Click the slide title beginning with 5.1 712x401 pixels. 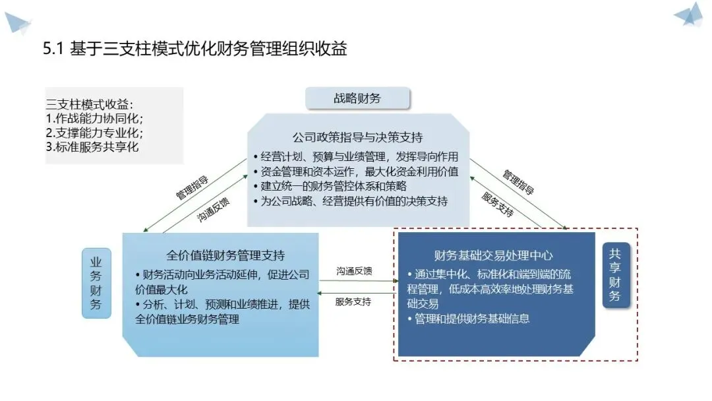click(x=194, y=49)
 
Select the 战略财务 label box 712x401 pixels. click(x=357, y=99)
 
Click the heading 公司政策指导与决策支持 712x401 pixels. click(x=357, y=139)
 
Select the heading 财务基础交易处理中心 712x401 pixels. click(x=493, y=255)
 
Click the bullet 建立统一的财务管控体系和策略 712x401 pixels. click(x=343, y=187)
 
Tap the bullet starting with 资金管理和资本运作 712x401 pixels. click(x=356, y=171)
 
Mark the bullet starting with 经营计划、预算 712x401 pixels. click(x=356, y=157)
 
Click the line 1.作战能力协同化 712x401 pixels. click(x=95, y=119)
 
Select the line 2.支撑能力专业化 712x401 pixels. click(x=95, y=133)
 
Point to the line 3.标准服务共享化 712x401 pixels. click(x=92, y=147)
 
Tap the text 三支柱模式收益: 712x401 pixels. click(x=90, y=104)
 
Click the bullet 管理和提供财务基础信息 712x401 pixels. click(x=469, y=319)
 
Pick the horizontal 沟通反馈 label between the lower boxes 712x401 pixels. click(x=354, y=271)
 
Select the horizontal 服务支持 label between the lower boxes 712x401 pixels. click(x=353, y=302)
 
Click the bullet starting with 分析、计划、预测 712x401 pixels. click(x=222, y=313)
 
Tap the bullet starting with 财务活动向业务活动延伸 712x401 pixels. click(x=222, y=282)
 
